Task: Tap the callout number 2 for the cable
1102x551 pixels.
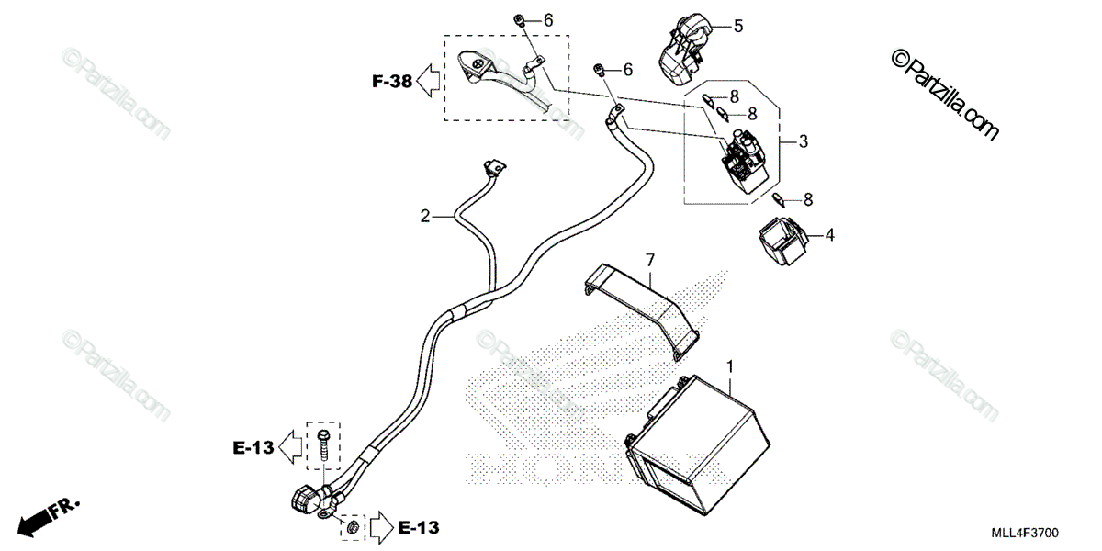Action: [425, 217]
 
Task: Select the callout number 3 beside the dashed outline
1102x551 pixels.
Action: [803, 141]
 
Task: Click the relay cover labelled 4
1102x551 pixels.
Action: [782, 241]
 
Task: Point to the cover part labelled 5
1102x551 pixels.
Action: [680, 48]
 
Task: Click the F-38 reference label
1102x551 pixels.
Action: [392, 82]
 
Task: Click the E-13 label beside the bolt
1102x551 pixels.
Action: [253, 448]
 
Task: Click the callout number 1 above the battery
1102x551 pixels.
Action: [730, 367]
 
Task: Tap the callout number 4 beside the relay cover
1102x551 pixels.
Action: [829, 235]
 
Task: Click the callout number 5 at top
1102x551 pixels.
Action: [738, 26]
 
